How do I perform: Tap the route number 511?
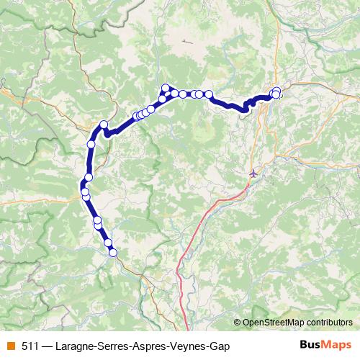31,346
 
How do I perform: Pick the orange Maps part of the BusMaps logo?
336,345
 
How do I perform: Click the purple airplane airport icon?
253,173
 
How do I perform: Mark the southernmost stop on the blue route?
112,252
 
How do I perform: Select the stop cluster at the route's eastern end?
276,93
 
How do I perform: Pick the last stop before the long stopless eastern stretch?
209,94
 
